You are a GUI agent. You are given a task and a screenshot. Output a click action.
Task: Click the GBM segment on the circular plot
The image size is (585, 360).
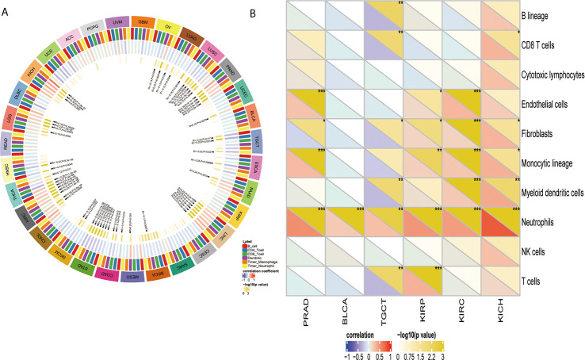143,21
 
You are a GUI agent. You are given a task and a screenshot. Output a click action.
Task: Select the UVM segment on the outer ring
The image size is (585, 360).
118,22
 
